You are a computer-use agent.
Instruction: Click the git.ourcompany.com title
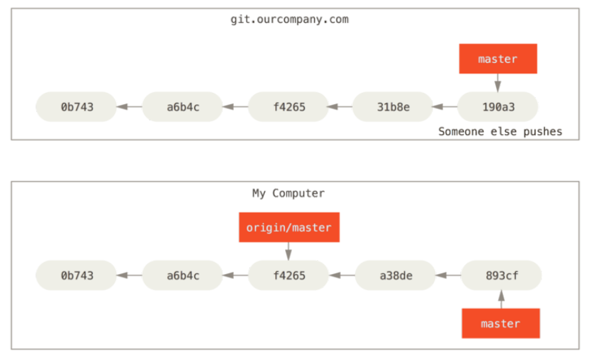(289, 20)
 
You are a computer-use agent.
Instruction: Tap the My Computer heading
(289, 194)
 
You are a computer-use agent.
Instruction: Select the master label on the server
(498, 59)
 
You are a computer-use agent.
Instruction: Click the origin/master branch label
(289, 227)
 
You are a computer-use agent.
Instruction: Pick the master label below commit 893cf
(501, 324)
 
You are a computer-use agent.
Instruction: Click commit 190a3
(498, 107)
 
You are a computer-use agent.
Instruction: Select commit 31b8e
(393, 107)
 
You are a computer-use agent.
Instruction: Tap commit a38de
(395, 275)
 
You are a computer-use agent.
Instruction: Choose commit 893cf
(502, 275)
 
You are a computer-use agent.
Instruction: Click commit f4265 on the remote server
(289, 107)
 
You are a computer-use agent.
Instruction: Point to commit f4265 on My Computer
(289, 275)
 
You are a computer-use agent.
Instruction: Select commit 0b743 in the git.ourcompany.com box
(77, 107)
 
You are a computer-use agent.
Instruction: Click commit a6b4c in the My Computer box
(183, 275)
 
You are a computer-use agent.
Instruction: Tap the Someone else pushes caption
(500, 131)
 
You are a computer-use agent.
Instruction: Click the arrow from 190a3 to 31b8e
(445, 107)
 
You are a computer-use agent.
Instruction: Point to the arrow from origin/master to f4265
(289, 251)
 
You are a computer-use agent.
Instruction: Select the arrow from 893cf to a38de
(448, 275)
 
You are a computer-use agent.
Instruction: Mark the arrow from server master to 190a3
(498, 83)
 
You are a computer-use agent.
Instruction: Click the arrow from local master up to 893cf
(502, 299)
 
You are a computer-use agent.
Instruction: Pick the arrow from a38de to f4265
(342, 275)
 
